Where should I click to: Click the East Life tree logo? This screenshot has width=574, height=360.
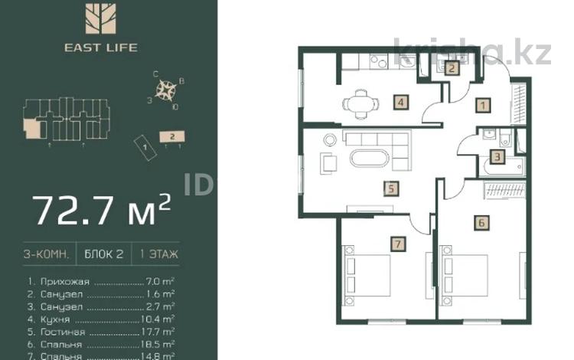[97, 21]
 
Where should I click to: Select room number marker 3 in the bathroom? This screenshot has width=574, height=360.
[497, 159]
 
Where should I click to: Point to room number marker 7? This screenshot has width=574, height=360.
[396, 244]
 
